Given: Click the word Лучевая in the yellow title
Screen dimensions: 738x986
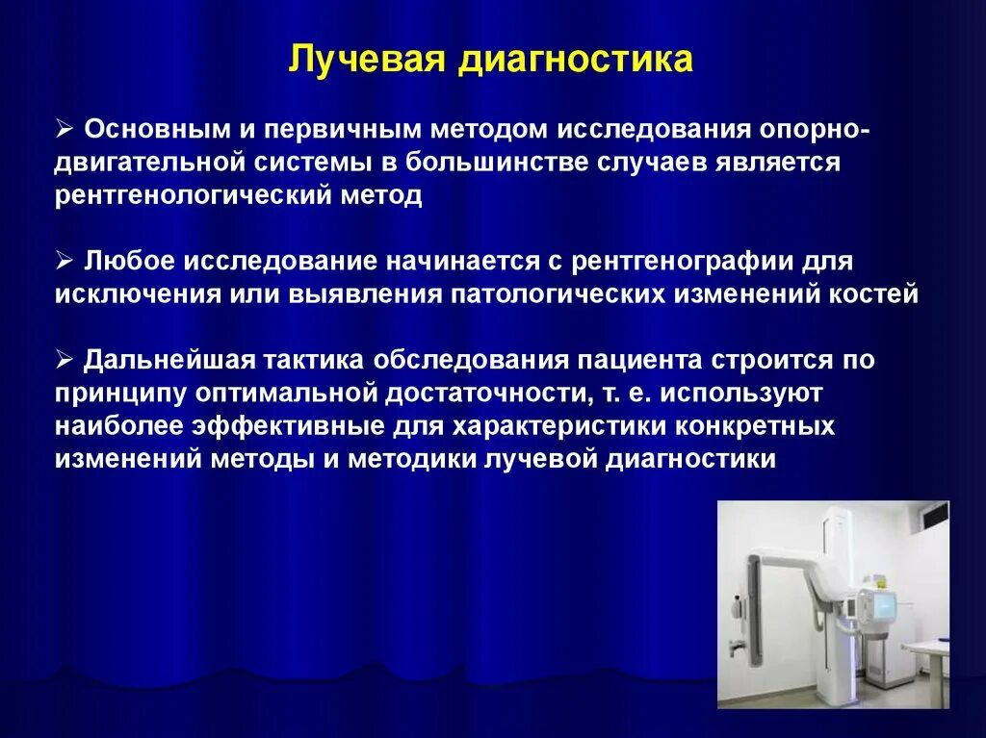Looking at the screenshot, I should tap(353, 60).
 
